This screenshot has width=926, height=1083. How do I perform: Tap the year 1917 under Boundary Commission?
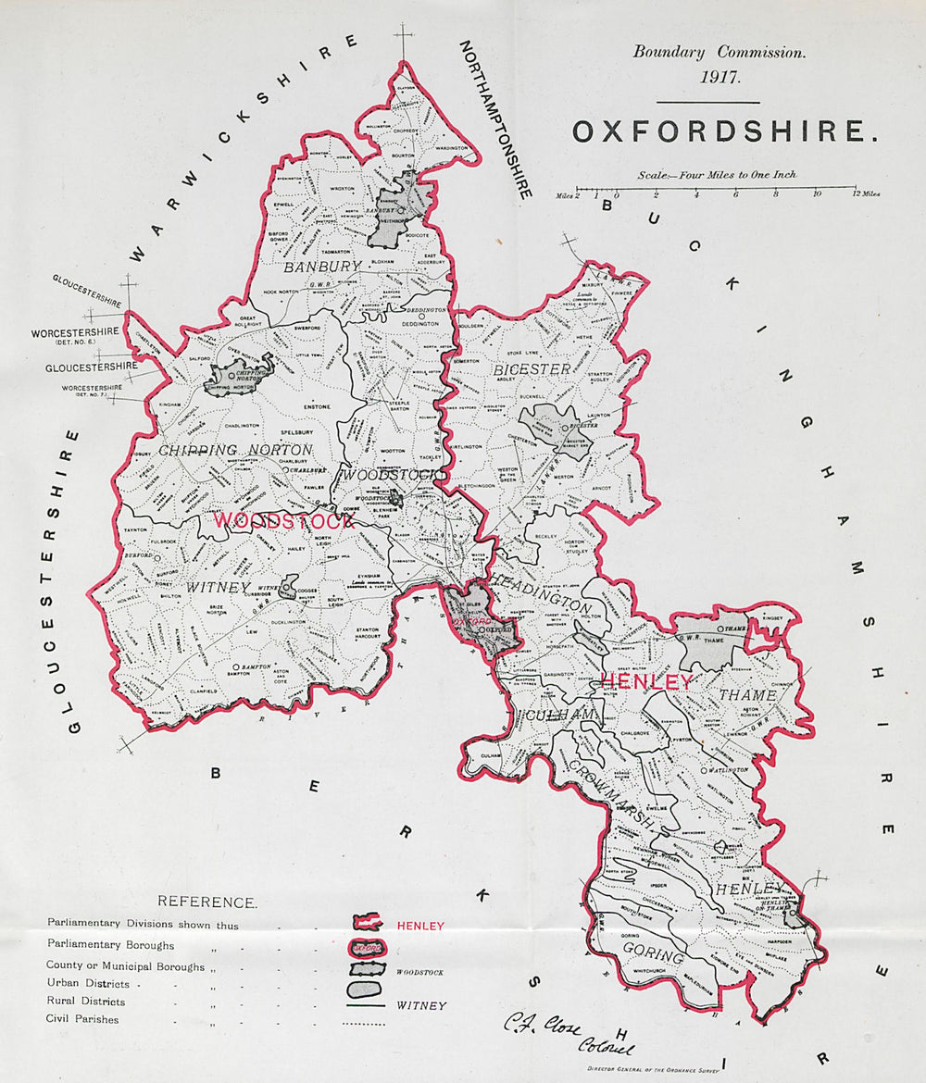coord(720,77)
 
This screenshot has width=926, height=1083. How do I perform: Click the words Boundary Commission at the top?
coord(720,52)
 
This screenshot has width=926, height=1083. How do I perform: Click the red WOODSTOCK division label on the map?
coord(283,521)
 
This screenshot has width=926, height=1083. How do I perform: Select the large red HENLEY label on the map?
coord(645,682)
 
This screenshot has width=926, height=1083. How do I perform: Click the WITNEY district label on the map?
coord(219,587)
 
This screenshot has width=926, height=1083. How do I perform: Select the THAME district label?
coord(747,694)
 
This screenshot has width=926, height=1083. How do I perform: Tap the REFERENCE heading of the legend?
coord(206,902)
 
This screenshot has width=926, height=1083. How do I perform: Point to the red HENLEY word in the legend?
coord(420,926)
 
